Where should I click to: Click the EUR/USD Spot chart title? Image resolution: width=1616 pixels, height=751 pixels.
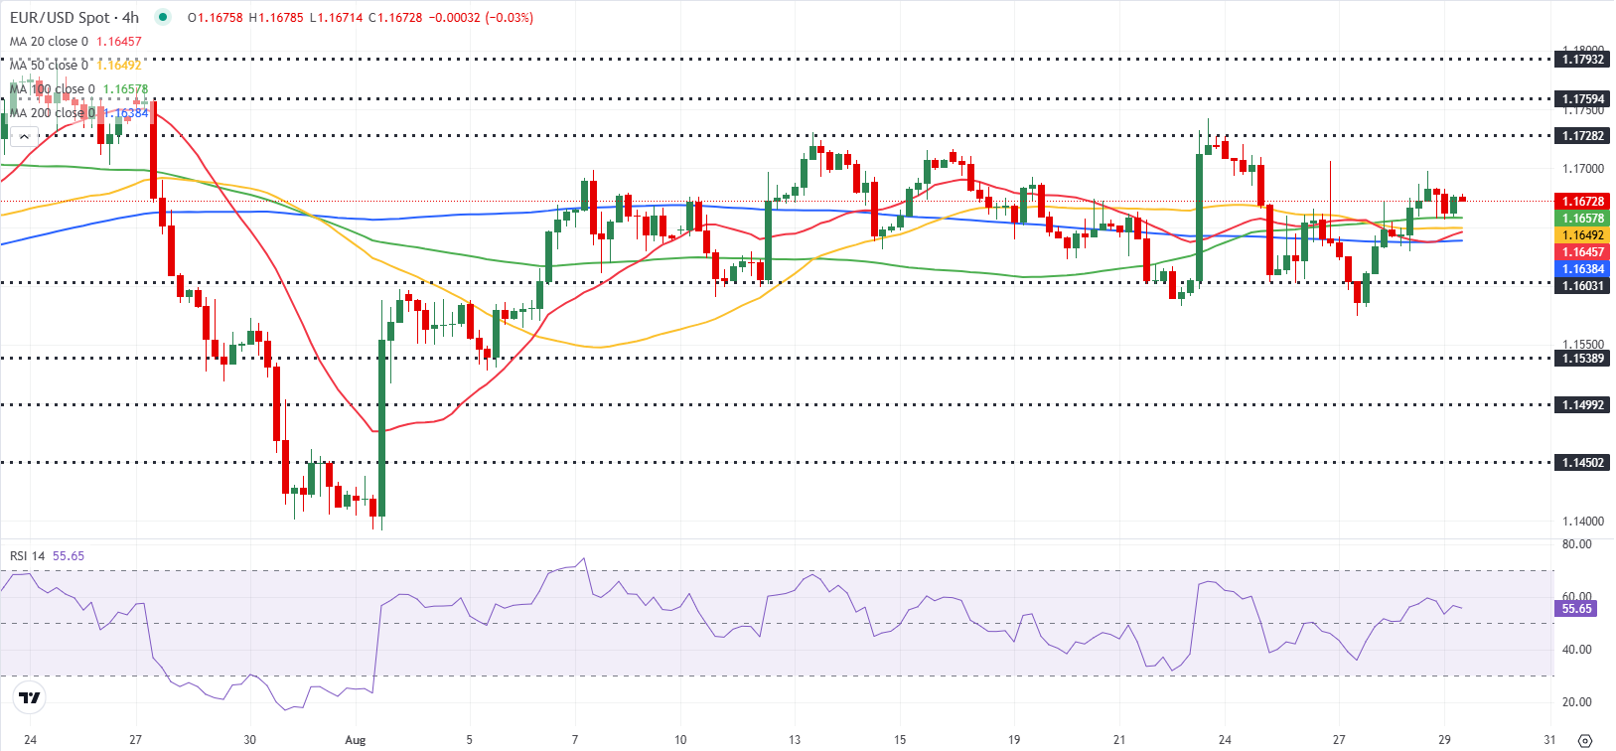tap(74, 17)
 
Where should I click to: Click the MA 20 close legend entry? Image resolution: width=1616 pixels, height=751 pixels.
tap(49, 42)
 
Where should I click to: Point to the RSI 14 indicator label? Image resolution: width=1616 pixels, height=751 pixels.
tap(27, 556)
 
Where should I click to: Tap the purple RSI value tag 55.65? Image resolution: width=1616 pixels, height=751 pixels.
tap(1576, 609)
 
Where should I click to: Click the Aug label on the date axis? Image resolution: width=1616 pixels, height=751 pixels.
tap(355, 740)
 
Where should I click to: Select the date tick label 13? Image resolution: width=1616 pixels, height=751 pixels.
tap(795, 740)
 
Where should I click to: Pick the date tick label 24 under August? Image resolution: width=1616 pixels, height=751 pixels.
tap(1225, 740)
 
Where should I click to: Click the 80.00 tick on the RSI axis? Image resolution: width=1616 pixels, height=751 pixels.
tap(1576, 544)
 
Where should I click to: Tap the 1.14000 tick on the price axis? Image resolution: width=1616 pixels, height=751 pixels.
tap(1582, 522)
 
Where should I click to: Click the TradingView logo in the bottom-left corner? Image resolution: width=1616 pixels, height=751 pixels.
tap(30, 698)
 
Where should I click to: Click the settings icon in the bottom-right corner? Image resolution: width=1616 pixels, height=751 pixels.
tap(1584, 741)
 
